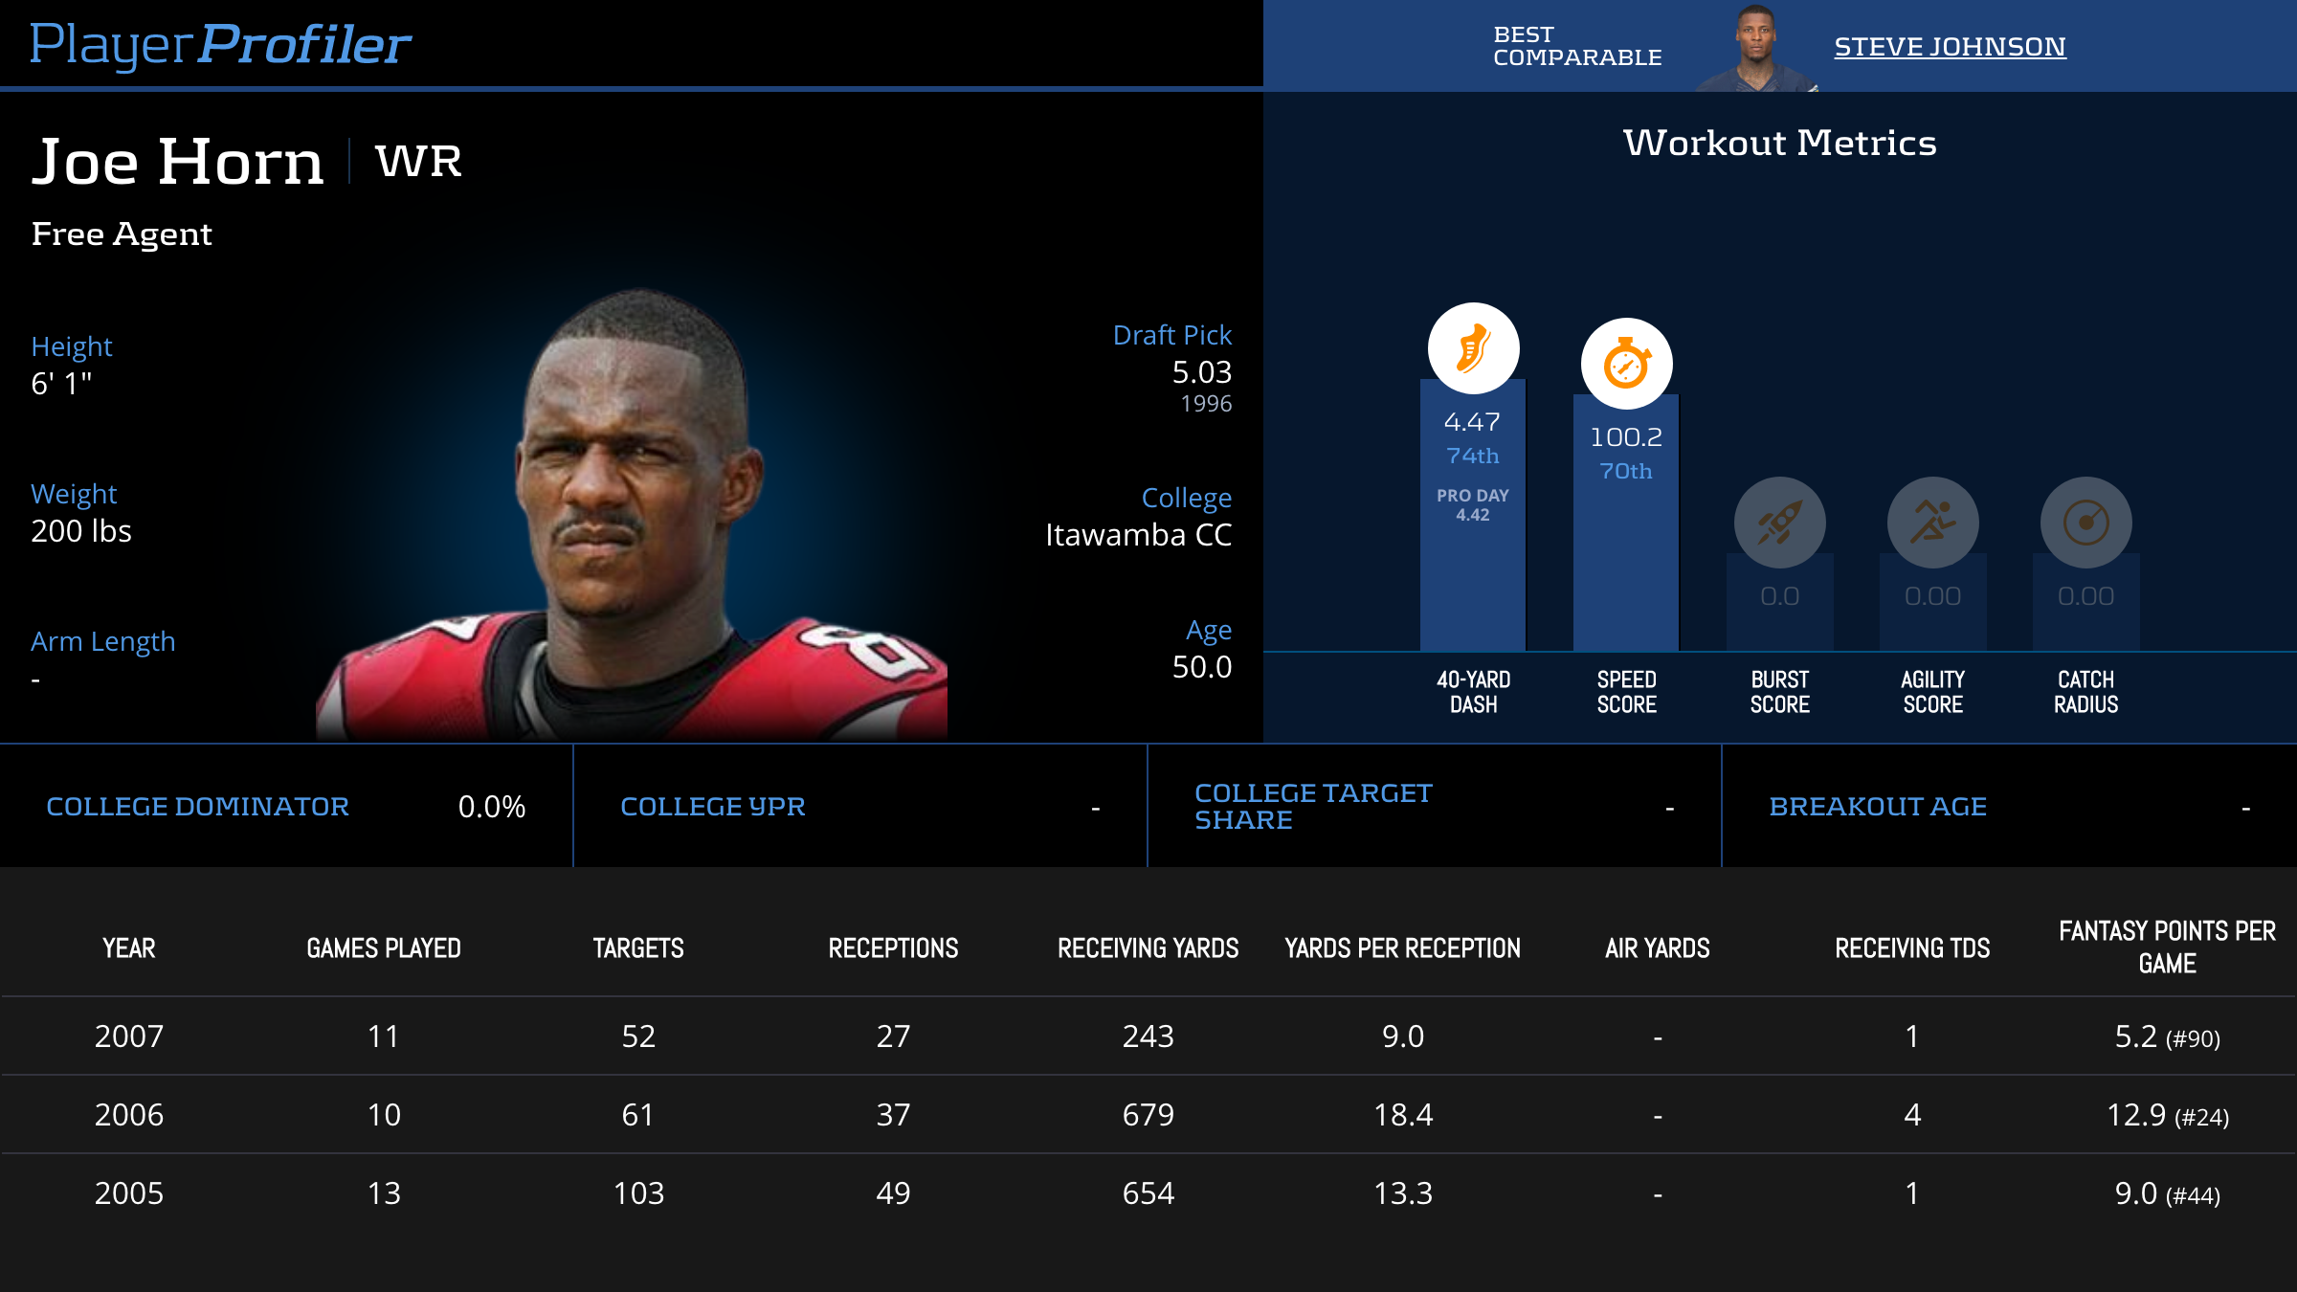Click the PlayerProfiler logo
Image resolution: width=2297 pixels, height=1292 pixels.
[220, 44]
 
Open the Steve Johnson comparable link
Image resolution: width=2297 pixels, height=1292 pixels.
[1950, 47]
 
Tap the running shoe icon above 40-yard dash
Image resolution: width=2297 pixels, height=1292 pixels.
[1473, 348]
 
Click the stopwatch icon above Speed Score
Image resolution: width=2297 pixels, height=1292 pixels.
[1626, 364]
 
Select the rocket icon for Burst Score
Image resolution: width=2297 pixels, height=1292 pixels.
[1779, 523]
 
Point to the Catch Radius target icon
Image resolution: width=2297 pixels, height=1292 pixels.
[2085, 523]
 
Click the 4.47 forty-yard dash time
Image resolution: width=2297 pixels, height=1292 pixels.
[1472, 422]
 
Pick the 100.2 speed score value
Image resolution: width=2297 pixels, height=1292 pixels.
[1626, 437]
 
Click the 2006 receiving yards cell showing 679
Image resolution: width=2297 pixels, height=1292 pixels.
[1148, 1115]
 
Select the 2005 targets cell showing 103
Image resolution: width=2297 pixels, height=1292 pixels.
[638, 1193]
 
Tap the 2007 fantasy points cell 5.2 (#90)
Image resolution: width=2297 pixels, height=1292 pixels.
[2167, 1036]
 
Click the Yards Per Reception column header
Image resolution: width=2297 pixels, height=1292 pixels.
[1402, 948]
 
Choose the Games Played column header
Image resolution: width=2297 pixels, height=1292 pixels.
[383, 948]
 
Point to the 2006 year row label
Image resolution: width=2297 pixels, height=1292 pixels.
[129, 1115]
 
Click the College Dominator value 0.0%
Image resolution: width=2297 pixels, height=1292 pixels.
[492, 807]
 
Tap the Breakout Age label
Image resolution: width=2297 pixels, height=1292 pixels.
[1878, 807]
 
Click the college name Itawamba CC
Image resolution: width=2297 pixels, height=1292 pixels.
[1138, 535]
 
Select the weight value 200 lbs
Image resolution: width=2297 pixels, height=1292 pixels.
[81, 531]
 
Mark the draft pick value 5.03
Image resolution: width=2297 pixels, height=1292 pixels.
[1201, 372]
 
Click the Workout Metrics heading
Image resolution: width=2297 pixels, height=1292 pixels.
[1779, 144]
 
